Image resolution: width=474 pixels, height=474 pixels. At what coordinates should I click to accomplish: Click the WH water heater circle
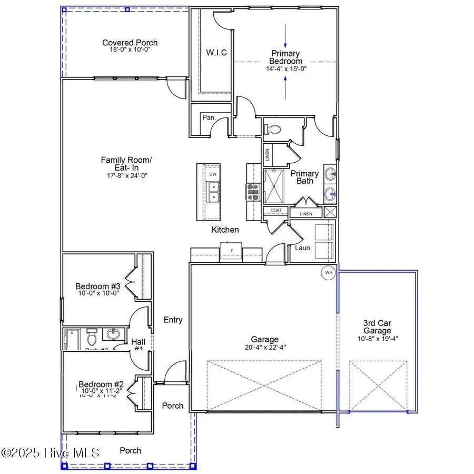329,273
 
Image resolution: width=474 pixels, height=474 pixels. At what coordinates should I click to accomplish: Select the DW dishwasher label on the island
213,174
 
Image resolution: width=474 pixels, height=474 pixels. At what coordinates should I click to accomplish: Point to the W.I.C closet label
216,53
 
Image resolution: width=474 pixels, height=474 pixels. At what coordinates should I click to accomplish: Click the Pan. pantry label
209,118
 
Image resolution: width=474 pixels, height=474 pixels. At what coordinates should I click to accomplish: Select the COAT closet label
276,211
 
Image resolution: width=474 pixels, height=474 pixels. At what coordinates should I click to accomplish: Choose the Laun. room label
302,247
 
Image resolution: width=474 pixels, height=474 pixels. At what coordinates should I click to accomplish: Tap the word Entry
173,320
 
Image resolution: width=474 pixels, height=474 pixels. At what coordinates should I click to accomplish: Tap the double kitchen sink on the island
213,192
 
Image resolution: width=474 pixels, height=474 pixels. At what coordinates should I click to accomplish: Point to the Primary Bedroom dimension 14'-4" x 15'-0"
286,68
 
